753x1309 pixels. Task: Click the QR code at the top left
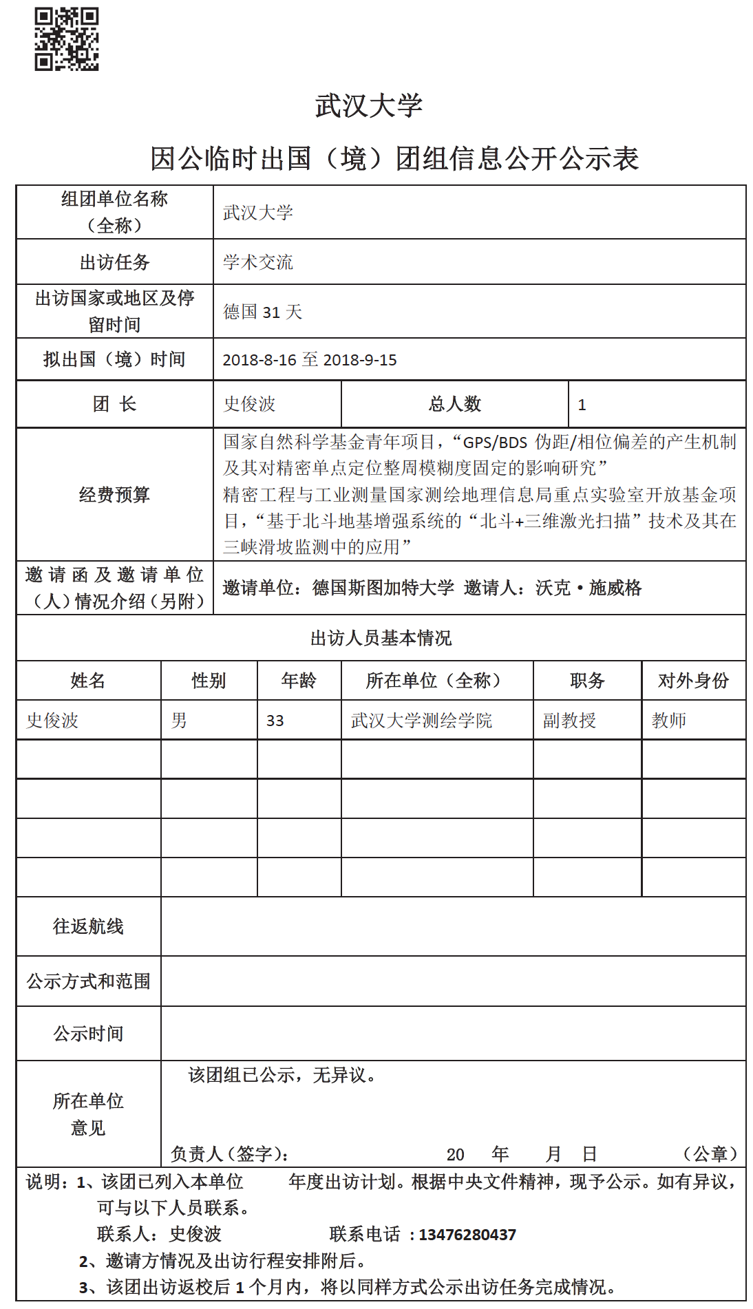pos(67,39)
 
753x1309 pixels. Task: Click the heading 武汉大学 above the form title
pos(369,105)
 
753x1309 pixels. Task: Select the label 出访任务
pos(114,262)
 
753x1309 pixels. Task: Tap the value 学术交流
pos(258,262)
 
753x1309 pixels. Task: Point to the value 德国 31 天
pos(263,312)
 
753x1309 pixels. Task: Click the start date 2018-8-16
pos(259,360)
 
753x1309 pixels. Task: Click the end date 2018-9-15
pos(360,360)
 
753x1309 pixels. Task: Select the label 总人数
pos(454,404)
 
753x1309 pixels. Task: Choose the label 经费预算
pos(114,495)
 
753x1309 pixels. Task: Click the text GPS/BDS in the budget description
pos(496,443)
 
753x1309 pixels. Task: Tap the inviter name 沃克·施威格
pos(588,588)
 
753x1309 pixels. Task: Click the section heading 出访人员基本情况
pos(381,638)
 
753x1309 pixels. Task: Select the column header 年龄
pos(299,681)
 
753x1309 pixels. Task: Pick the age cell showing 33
pos(275,721)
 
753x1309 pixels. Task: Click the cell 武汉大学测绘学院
pos(421,721)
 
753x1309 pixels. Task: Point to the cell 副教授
pos(569,721)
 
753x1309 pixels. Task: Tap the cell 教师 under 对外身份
pos(669,721)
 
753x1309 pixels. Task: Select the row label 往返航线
pos(88,926)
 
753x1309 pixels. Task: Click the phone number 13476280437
pos(467,1235)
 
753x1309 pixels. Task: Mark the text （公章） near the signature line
pos(710,1153)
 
